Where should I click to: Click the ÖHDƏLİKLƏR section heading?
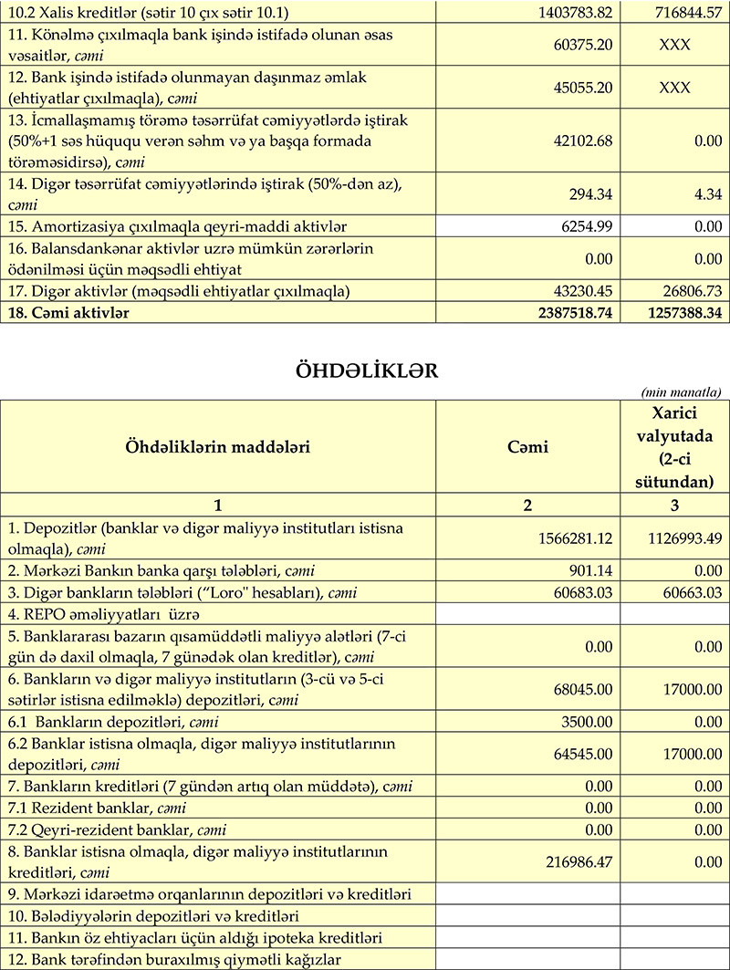tap(365, 370)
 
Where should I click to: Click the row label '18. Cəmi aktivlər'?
tap(68, 312)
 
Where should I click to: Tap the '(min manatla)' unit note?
tap(688, 392)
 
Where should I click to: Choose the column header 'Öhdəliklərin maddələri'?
tap(218, 447)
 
